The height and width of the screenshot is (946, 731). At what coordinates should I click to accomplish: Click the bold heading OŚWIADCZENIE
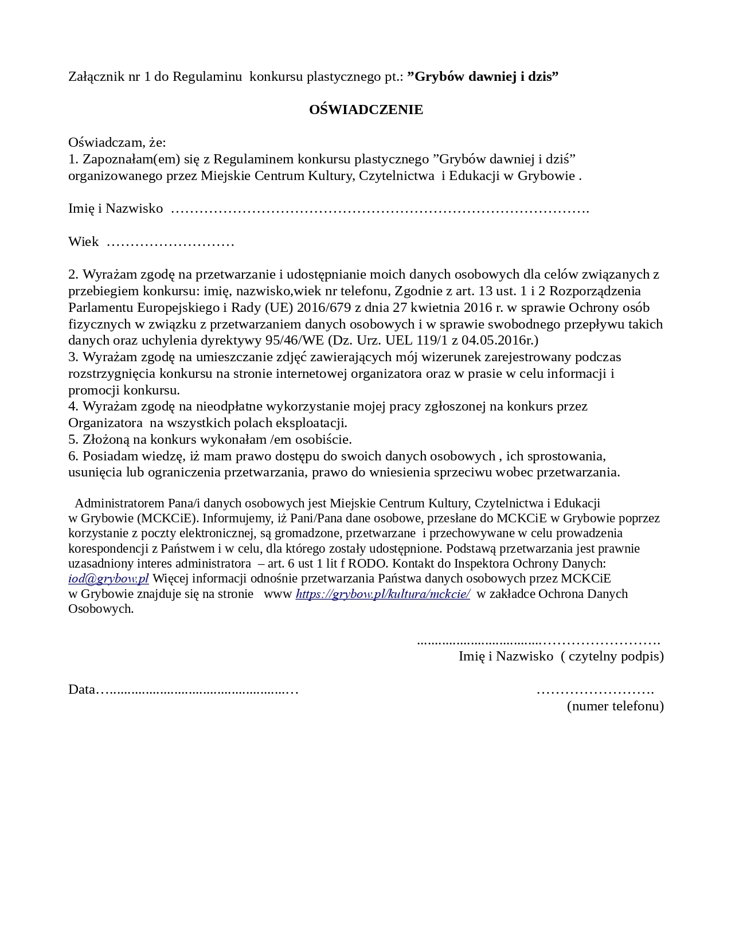click(366, 110)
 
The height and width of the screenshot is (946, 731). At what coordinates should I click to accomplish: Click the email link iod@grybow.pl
click(108, 578)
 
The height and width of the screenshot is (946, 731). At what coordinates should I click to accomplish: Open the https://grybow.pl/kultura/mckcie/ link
click(382, 594)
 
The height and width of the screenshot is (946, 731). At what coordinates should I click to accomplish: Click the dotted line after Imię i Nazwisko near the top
click(380, 209)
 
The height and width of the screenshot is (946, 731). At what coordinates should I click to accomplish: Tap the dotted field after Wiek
click(170, 242)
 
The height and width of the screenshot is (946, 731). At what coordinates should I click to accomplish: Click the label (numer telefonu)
click(615, 706)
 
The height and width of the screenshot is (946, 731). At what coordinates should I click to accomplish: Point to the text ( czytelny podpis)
click(612, 656)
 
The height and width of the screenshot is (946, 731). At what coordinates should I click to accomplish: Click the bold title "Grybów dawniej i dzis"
click(483, 76)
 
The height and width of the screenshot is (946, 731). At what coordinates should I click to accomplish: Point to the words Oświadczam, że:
click(117, 142)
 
